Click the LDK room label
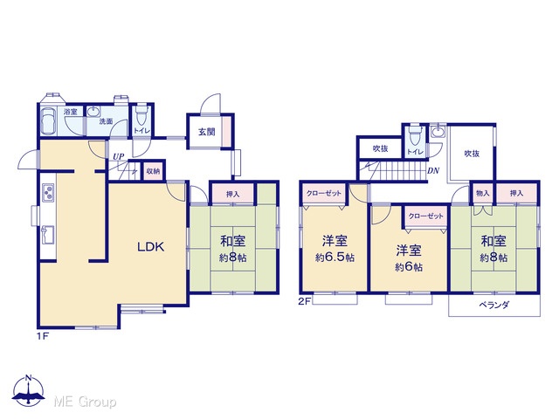[151, 247]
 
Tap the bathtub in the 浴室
[48, 120]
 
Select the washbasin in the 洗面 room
[93, 112]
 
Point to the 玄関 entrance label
[207, 132]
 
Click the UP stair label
[119, 156]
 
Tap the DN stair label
[433, 171]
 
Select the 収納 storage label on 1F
[154, 171]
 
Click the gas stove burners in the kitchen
[48, 192]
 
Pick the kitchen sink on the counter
[48, 235]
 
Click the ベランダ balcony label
[493, 305]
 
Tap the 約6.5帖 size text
[335, 258]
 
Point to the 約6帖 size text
[409, 267]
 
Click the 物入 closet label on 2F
[483, 194]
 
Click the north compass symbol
[29, 391]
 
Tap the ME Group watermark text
[85, 402]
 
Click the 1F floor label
[43, 336]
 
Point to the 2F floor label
[305, 301]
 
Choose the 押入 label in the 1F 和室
[233, 194]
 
